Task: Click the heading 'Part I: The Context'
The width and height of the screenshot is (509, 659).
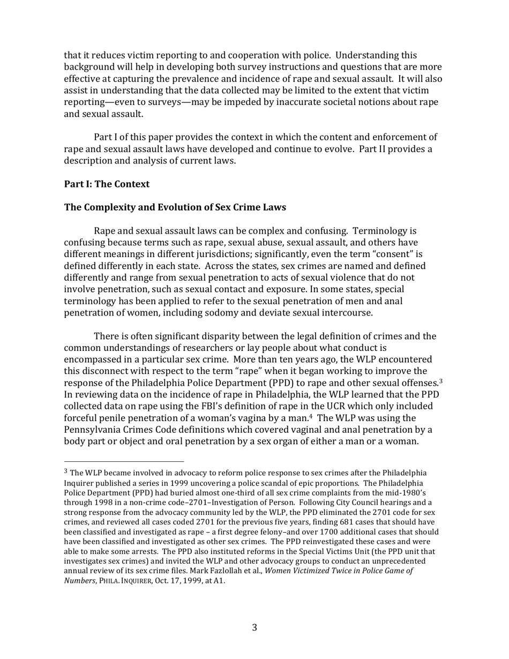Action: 107,184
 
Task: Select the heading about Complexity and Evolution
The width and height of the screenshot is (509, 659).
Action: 175,207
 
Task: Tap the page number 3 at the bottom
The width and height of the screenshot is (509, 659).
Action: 254,627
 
